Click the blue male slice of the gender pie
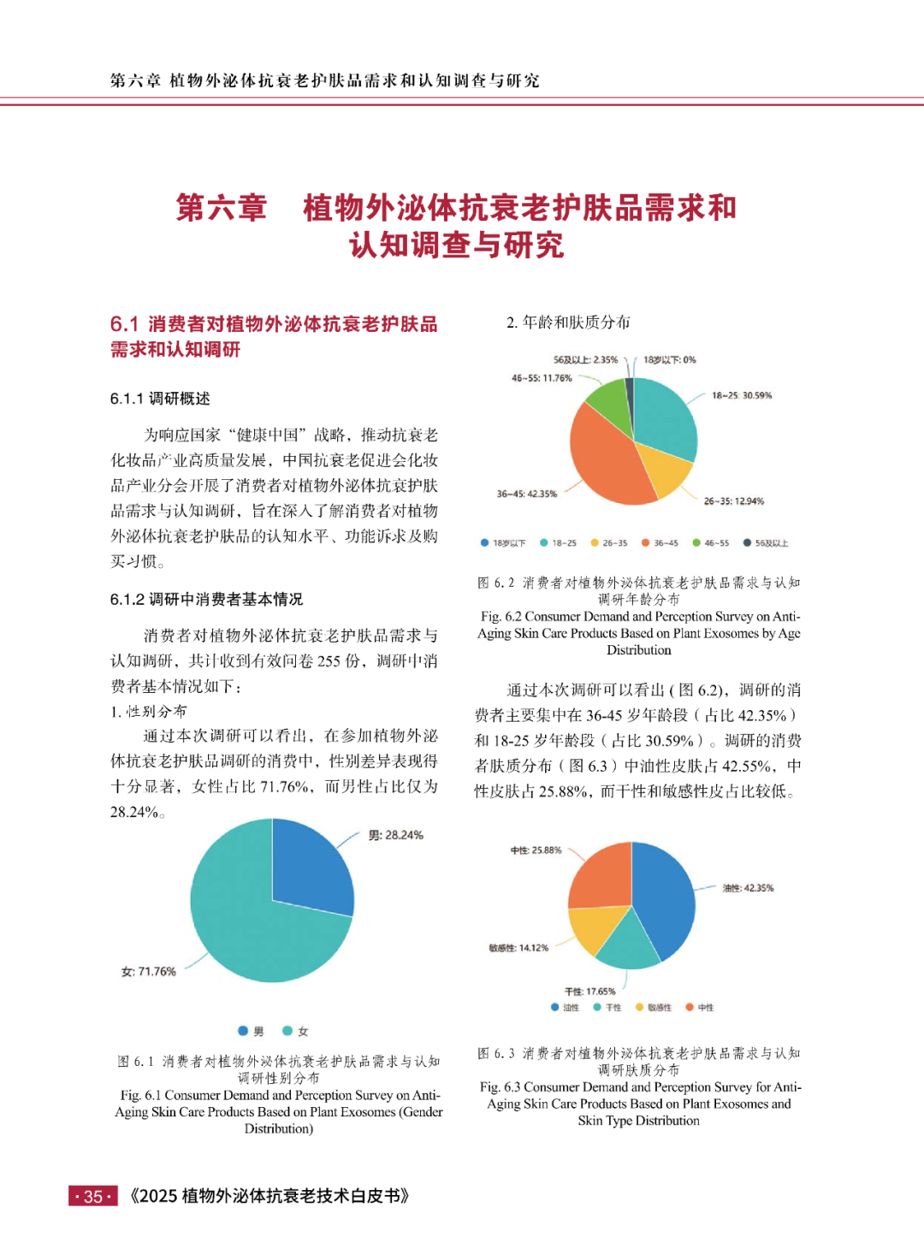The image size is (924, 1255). coord(312,864)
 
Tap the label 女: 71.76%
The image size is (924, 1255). coord(149,972)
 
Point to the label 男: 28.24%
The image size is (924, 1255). coord(395,835)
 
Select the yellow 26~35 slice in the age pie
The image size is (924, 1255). coord(663,466)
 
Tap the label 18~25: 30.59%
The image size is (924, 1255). coord(741,395)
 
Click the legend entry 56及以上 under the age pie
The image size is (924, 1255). coord(766,543)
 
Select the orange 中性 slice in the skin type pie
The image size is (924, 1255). coord(601,877)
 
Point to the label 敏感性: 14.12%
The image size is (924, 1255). coord(518,948)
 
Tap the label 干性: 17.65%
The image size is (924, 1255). coord(589,992)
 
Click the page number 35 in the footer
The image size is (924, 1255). coord(93,1197)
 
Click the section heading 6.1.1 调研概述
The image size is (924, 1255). coord(160,399)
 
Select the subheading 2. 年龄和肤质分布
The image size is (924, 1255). coord(568,323)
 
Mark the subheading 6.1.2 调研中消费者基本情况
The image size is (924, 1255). coord(206,599)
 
